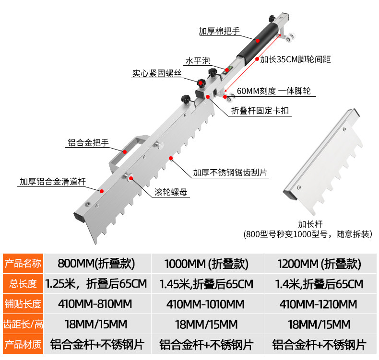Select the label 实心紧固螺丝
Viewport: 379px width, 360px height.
click(157, 73)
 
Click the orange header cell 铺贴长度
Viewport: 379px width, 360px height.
click(23, 304)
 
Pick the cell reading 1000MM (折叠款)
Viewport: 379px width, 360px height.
click(206, 264)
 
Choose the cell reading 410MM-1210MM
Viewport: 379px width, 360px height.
click(319, 304)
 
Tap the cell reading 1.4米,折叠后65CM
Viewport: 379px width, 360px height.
click(319, 284)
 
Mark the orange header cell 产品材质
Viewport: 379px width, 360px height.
click(23, 344)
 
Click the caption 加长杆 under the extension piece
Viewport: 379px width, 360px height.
click(310, 223)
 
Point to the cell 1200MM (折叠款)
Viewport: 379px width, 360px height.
click(319, 264)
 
